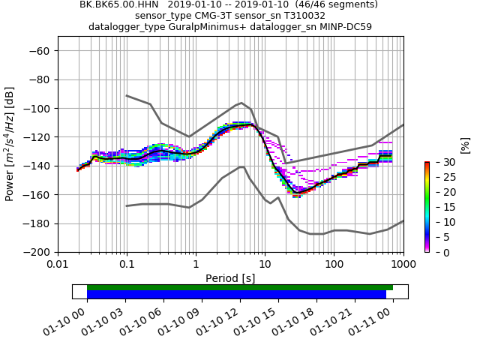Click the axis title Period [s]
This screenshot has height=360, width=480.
[x=230, y=278]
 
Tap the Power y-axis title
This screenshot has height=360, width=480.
[x=10, y=144]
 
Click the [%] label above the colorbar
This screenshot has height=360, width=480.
[x=465, y=145]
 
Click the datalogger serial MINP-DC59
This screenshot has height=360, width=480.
[x=343, y=26]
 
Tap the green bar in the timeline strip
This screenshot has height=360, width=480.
[x=240, y=287]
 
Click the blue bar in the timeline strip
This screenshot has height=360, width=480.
[x=236, y=294]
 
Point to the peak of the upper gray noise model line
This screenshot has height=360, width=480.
[x=241, y=103]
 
